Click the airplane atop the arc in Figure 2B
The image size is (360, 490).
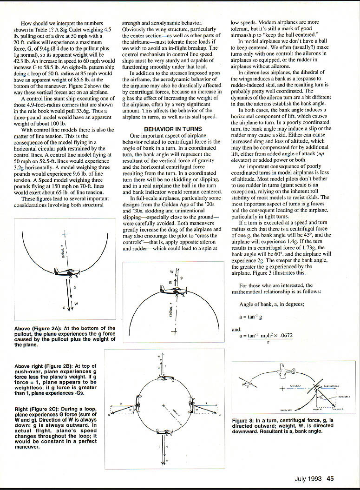173,290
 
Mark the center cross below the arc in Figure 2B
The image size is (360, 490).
175,331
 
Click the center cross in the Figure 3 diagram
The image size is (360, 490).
282,387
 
